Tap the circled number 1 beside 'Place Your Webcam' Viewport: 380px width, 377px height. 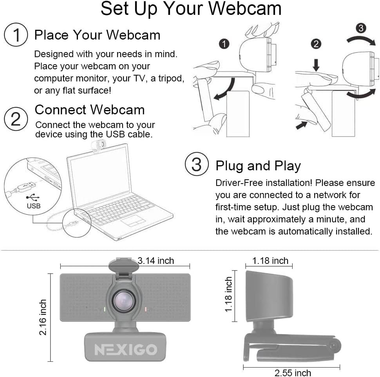[x=16, y=35]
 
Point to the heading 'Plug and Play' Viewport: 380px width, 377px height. [x=258, y=166]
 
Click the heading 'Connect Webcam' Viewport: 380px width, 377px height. [x=90, y=110]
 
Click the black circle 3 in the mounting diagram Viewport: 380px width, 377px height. [x=361, y=28]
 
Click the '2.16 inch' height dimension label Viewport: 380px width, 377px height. [x=43, y=317]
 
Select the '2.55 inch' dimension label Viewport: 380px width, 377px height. [x=293, y=373]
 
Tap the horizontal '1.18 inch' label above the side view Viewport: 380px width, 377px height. [x=270, y=261]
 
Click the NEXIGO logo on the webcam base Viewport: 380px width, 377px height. [x=126, y=349]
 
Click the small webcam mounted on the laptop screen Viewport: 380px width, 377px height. [x=98, y=145]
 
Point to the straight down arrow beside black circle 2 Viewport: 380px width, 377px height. [x=316, y=65]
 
